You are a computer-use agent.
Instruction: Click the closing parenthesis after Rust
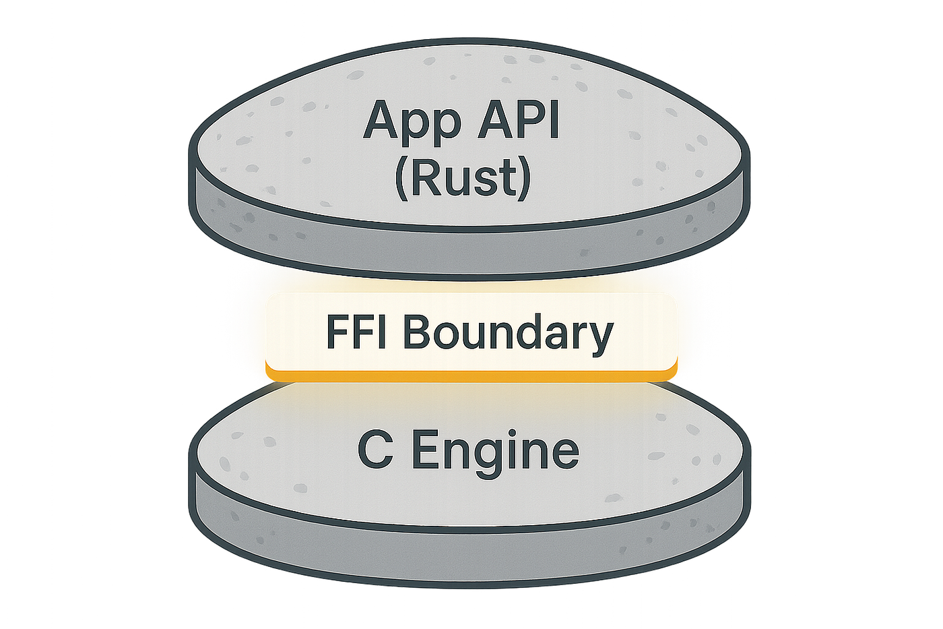tap(523, 179)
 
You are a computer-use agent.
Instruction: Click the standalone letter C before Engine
tap(374, 451)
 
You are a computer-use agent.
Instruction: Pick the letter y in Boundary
tap(599, 338)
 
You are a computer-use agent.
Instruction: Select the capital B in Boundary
tap(420, 332)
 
